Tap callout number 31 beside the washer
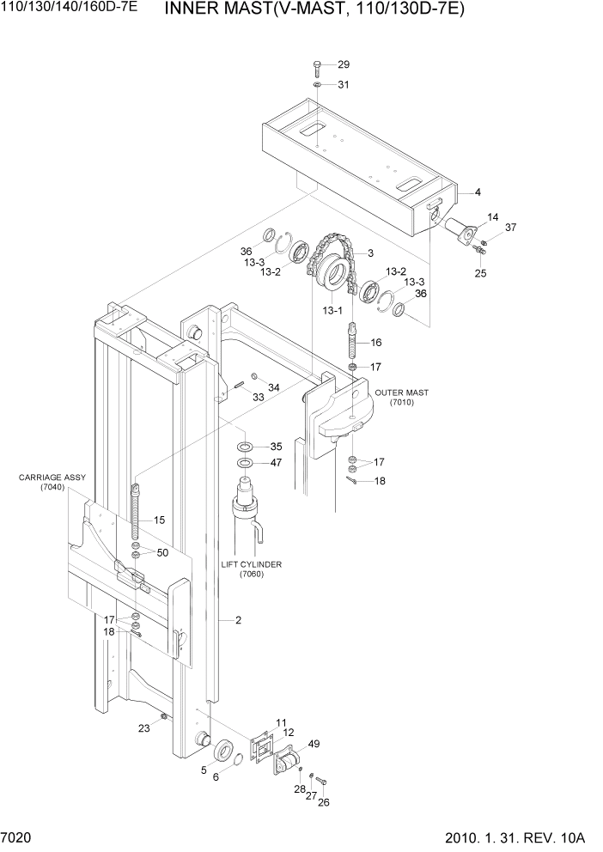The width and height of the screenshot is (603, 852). pos(344,85)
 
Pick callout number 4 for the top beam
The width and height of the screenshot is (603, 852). pos(477,192)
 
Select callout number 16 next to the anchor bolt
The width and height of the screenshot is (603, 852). pos(375,342)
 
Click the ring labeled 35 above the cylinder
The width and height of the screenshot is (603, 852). pos(245,447)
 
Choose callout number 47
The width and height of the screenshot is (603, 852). pos(276,463)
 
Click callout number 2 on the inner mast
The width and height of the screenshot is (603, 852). pos(238,619)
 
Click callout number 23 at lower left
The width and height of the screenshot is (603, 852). pos(143,727)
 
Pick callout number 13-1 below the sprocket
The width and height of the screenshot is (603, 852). pos(332,309)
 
